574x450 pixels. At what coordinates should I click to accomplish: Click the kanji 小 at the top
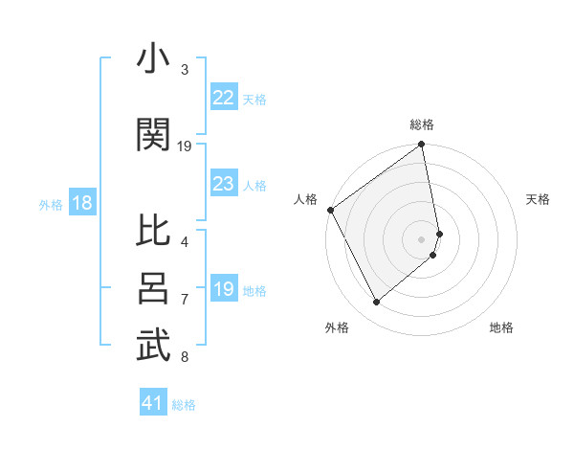tap(153, 59)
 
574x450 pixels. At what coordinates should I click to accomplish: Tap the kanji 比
tap(153, 233)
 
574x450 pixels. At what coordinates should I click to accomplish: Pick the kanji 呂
tap(153, 288)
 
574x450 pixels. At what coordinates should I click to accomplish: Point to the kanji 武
tap(153, 347)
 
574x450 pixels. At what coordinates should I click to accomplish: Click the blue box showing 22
tap(223, 98)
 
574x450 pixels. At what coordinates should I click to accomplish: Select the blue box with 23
tap(223, 184)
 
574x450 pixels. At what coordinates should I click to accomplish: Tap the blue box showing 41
tap(153, 403)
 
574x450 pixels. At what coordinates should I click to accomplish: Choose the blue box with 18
tap(81, 203)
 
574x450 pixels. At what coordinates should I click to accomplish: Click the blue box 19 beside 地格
tap(223, 289)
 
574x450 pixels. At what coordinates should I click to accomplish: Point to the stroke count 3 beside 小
tap(185, 70)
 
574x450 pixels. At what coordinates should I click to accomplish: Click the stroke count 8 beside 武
tap(185, 358)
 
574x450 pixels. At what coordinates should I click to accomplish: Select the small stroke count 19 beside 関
tap(185, 146)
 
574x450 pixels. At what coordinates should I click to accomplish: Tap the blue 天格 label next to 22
tap(254, 99)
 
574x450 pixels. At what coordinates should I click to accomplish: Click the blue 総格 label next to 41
tap(184, 405)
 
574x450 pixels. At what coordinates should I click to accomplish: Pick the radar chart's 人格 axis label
tap(306, 199)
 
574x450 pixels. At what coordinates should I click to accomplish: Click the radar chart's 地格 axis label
tap(501, 327)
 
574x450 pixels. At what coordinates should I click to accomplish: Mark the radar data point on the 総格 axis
tap(422, 146)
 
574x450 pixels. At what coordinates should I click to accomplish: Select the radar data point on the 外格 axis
tap(376, 303)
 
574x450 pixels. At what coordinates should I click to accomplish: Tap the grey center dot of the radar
tap(422, 238)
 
